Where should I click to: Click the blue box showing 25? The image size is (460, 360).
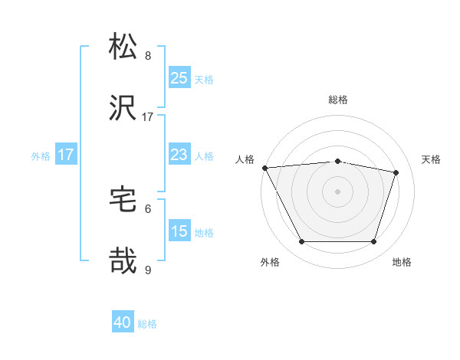tap(179, 77)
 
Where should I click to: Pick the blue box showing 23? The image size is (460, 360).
tap(179, 155)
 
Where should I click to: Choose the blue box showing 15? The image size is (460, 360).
tap(179, 231)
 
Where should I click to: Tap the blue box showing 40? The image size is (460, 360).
tap(123, 322)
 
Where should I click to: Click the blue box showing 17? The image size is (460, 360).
tap(66, 155)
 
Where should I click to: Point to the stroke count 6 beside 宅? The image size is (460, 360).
tap(148, 208)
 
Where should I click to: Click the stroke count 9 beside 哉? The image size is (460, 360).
tap(148, 270)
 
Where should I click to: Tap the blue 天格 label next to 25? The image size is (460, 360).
tap(204, 79)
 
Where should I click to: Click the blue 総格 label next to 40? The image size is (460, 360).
tap(147, 324)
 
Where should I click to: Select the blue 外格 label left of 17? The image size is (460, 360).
tap(41, 156)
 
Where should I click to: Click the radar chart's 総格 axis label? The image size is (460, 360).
tap(337, 100)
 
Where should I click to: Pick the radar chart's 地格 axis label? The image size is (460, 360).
tap(402, 263)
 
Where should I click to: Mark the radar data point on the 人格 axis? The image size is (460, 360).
tap(264, 168)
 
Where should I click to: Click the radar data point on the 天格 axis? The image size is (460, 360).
tap(396, 172)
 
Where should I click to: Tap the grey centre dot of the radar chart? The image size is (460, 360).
tap(337, 191)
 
